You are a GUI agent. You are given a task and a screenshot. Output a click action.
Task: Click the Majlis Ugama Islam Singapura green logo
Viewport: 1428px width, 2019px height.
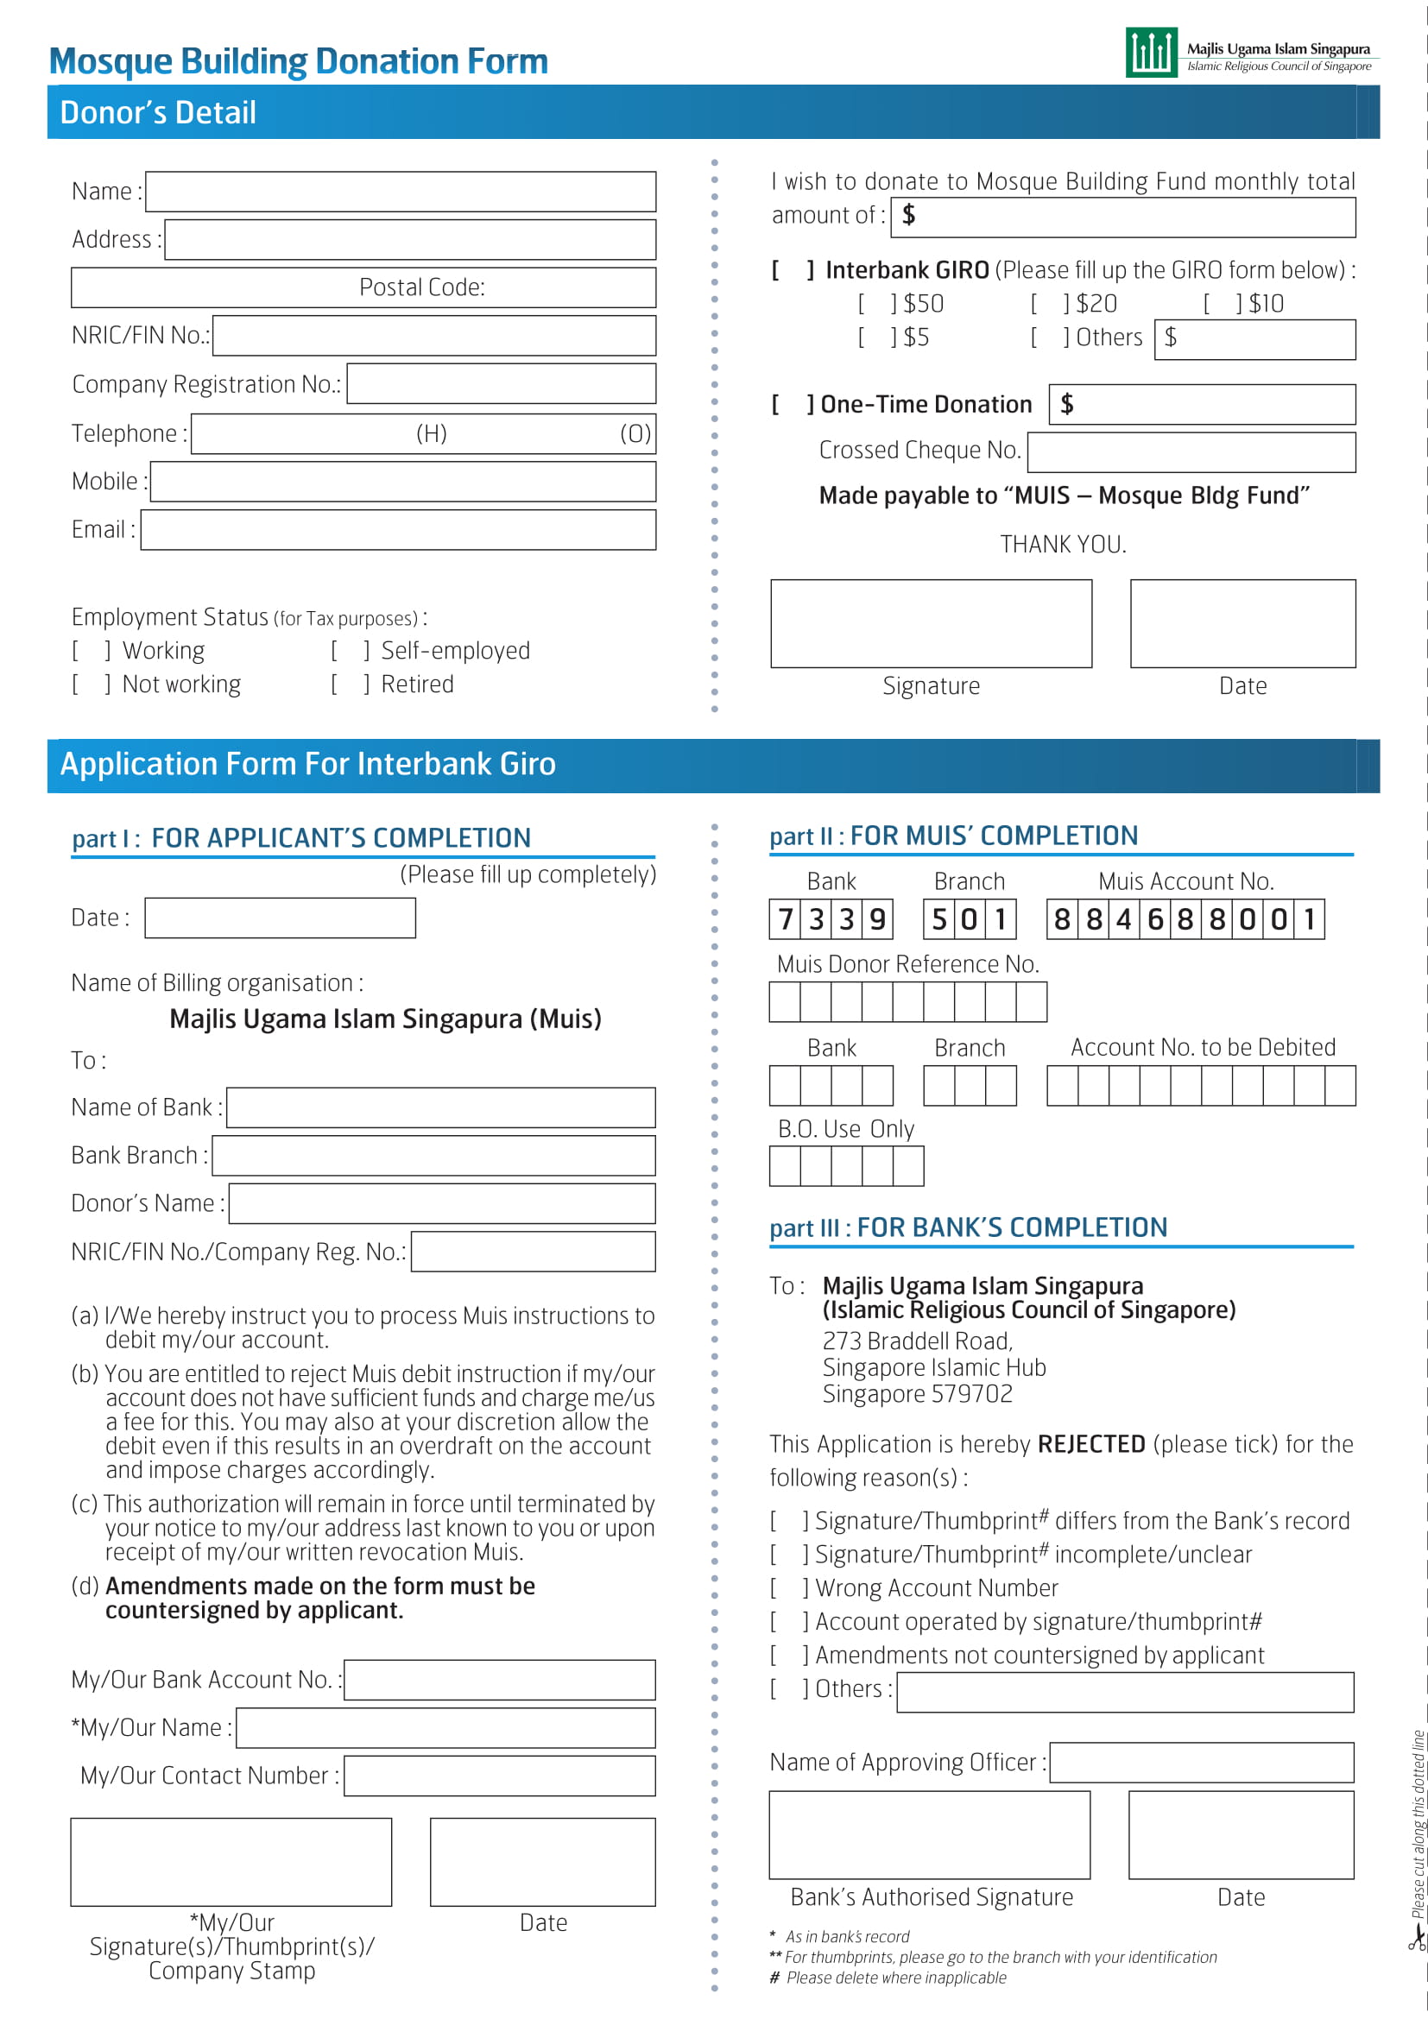click(x=1150, y=53)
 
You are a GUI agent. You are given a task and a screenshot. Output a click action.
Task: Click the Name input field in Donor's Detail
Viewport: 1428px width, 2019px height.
click(x=400, y=192)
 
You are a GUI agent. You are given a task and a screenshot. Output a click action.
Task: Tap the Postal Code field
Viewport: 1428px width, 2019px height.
click(x=363, y=287)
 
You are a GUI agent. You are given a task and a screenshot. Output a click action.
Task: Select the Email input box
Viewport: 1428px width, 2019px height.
click(x=397, y=529)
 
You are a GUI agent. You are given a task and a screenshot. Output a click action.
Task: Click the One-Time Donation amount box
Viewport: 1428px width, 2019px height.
click(x=1201, y=405)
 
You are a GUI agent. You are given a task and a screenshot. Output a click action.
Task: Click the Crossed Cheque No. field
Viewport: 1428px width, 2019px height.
click(x=1191, y=452)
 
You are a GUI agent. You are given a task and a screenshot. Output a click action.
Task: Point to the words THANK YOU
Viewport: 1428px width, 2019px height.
click(x=1062, y=545)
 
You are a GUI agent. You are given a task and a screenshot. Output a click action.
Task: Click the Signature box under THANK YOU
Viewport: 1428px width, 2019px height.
click(x=931, y=623)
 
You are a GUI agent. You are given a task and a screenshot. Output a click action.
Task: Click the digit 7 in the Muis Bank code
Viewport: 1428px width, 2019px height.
click(x=785, y=919)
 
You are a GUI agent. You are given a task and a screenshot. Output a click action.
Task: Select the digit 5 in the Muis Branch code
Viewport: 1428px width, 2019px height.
click(x=939, y=919)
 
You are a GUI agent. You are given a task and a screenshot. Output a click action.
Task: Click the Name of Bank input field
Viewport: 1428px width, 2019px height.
click(x=440, y=1107)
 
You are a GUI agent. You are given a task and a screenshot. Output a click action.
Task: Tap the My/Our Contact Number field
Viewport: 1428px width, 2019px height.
click(x=498, y=1776)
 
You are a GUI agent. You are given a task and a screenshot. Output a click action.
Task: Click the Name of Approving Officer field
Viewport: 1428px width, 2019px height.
click(x=1201, y=1763)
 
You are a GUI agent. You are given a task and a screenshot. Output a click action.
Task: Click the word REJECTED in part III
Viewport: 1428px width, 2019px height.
click(x=1090, y=1444)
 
